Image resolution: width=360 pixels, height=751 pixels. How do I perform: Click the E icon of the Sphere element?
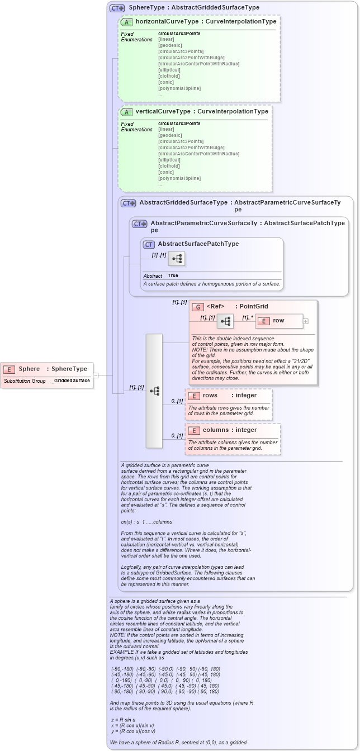pos(9,369)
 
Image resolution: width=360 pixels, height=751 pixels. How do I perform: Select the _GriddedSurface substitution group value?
pos(71,381)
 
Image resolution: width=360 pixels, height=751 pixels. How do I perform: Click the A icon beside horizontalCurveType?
pos(126,22)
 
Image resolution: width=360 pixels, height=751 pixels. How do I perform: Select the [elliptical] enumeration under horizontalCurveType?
pos(169,70)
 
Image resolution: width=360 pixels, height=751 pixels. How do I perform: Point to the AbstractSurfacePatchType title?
pos(198,244)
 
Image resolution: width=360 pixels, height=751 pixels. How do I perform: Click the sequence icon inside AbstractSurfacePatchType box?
pos(177,259)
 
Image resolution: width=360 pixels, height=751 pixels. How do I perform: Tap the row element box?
pos(278,321)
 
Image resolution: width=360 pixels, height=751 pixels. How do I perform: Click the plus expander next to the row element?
pos(305,321)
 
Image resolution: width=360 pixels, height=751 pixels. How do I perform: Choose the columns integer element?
pos(229,430)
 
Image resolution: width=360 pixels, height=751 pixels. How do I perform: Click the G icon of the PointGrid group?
pos(197,307)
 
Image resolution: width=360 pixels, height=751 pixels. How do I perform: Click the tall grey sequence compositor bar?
pos(154,391)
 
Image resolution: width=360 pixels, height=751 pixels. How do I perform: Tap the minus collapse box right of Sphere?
pos(96,375)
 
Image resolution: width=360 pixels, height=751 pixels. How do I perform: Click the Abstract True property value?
pos(173,275)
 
